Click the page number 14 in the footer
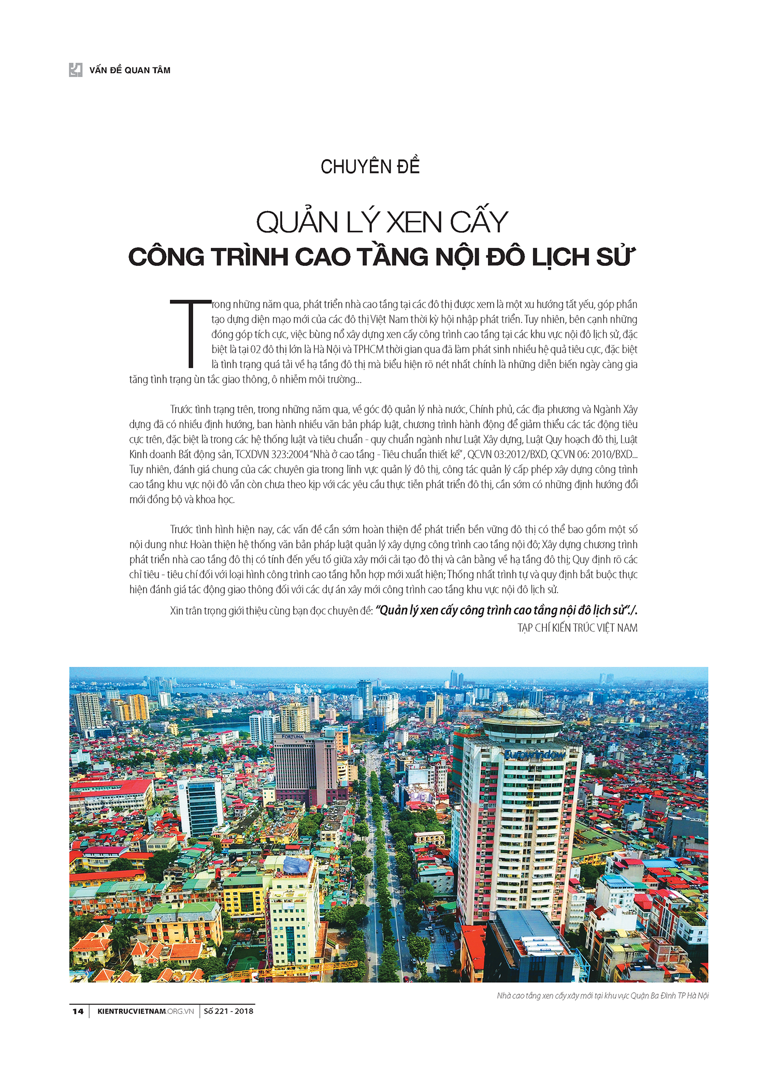(77, 1011)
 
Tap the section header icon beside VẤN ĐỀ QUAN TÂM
(76, 70)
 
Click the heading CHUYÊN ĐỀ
(370, 167)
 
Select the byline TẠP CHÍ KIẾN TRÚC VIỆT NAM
(577, 628)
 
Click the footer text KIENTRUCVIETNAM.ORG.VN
(146, 1011)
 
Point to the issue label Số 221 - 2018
(228, 1011)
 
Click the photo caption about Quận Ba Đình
(602, 995)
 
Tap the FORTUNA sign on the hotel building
(293, 737)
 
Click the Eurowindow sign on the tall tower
(535, 755)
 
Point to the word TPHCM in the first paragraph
(368, 349)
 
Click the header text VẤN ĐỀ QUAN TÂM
(129, 71)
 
